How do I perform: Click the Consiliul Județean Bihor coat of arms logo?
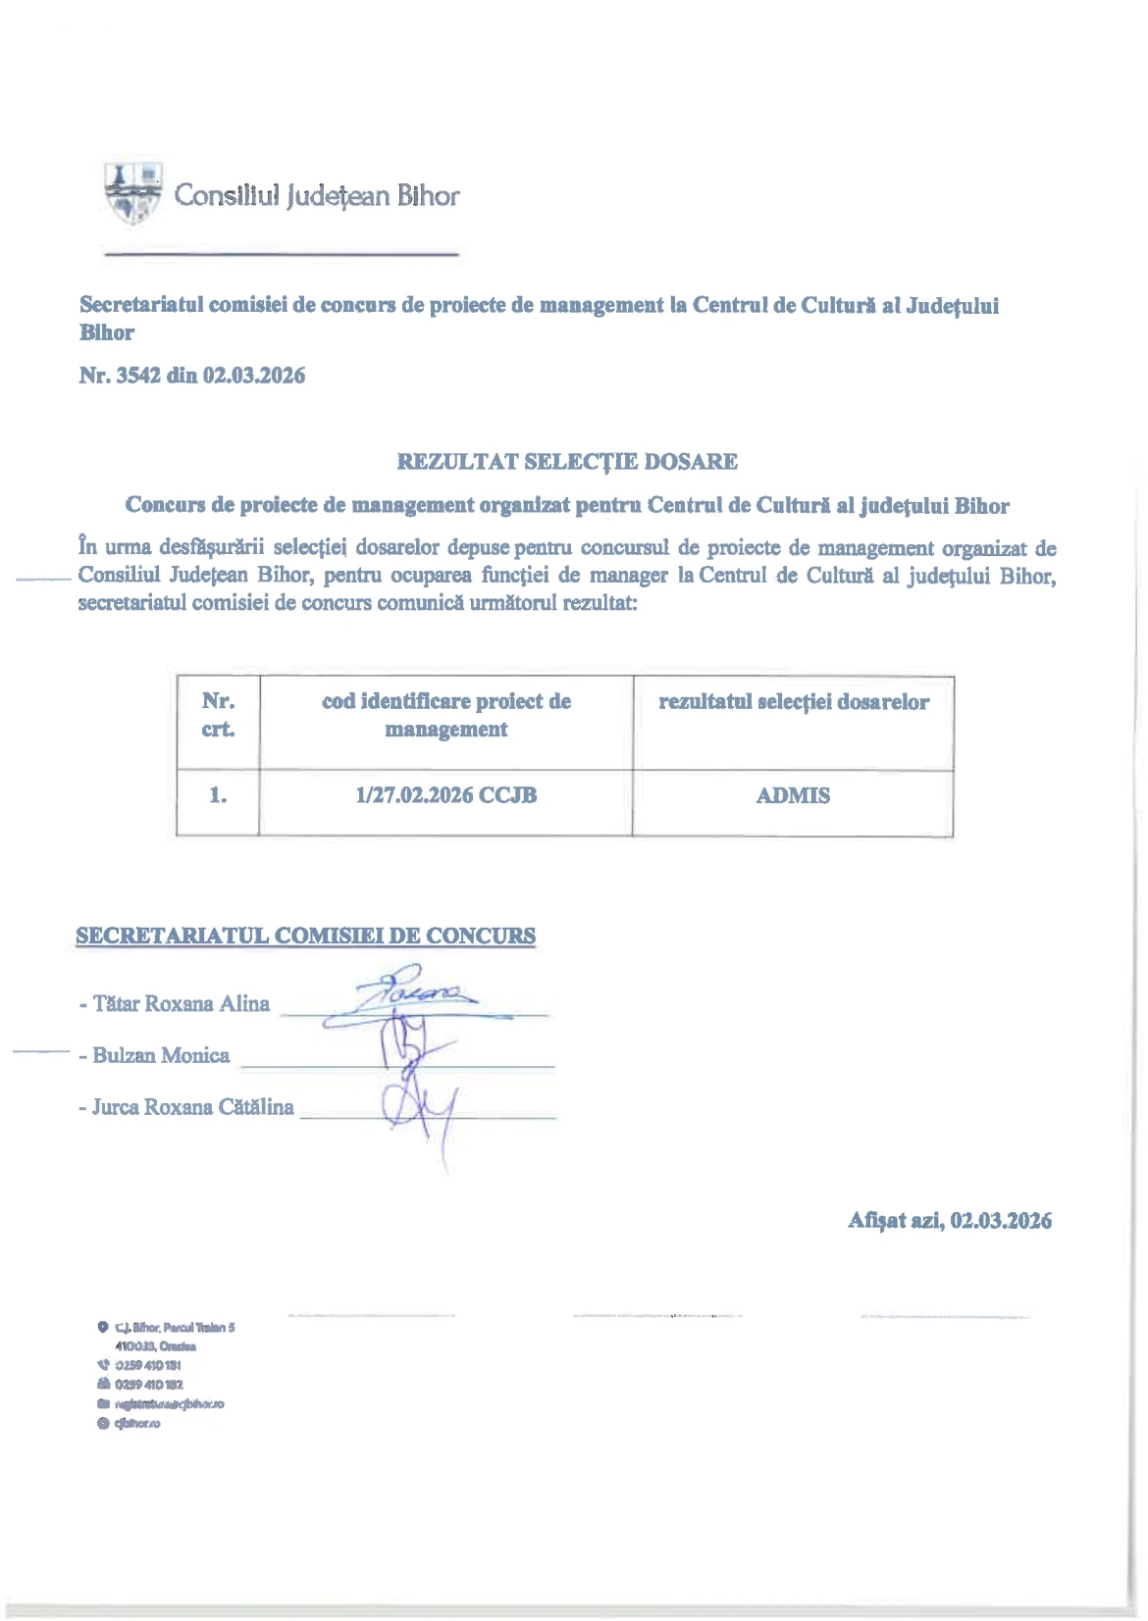coord(133,193)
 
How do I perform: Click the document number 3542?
coord(137,376)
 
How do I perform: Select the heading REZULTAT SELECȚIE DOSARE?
coord(566,462)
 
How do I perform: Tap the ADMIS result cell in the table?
coord(793,796)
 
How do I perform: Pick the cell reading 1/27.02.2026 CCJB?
coord(445,796)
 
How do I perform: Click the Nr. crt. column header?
coord(218,716)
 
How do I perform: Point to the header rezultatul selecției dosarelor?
coord(793,702)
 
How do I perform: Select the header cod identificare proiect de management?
coord(445,716)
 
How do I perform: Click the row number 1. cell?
coord(218,796)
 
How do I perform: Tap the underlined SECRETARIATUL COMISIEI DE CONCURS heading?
coord(305,937)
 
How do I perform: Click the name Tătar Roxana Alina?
coord(181,1004)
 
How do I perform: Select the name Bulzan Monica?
coord(161,1056)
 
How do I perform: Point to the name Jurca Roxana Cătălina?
coord(192,1107)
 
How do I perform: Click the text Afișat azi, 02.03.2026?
coord(949,1221)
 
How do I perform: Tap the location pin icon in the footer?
coord(102,1328)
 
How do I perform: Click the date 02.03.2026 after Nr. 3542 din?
coord(253,376)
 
